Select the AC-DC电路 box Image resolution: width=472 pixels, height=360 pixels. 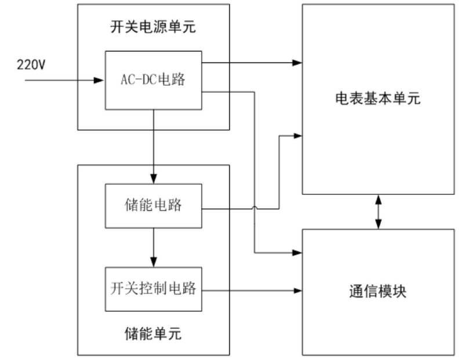153,80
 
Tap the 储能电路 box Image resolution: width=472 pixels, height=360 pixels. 153,206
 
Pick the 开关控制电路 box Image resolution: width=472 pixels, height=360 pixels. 153,288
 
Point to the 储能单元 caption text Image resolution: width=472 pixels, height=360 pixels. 153,334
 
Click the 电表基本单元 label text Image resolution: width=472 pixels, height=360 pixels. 377,99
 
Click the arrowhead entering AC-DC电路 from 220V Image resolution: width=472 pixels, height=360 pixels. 100,80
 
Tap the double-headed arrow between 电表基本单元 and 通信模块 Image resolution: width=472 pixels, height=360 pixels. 378,212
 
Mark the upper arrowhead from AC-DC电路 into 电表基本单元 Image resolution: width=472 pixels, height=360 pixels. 297,62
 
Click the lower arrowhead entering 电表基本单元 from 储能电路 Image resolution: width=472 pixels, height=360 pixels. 297,136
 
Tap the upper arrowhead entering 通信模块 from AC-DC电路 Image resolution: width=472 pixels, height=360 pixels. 297,253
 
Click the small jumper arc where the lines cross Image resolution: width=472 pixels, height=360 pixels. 255,207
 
